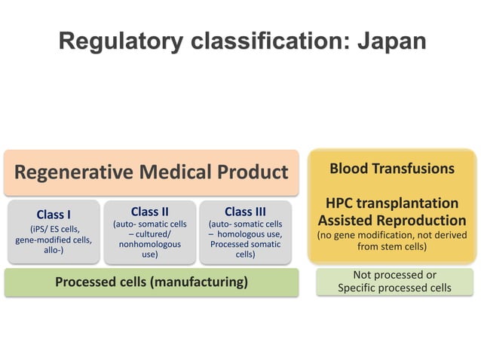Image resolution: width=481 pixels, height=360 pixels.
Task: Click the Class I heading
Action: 54,215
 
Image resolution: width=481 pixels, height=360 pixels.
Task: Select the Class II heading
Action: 149,212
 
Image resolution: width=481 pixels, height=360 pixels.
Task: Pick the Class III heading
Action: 245,212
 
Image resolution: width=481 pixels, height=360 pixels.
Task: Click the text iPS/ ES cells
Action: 54,229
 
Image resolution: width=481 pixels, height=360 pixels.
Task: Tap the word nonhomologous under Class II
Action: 149,245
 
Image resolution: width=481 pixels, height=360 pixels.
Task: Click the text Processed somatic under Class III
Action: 245,245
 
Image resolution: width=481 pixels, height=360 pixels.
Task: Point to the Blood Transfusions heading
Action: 392,168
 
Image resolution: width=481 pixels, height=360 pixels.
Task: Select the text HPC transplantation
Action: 392,203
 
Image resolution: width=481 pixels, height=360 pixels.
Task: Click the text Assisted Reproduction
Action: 392,221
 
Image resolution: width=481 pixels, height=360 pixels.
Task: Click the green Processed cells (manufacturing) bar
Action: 151,282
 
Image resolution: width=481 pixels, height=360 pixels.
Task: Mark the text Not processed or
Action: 394,275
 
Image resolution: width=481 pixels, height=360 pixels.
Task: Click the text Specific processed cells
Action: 394,288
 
